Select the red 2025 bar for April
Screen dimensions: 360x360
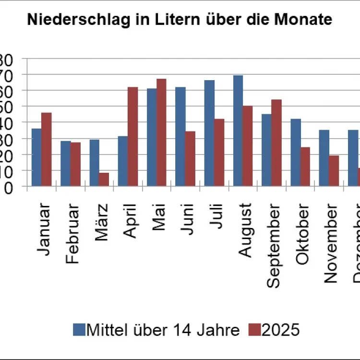coord(132,136)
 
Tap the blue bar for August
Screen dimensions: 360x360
coord(238,131)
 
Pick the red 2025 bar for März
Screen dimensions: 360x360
coord(104,179)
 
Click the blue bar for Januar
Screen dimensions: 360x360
coord(36,157)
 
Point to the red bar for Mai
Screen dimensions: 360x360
coord(161,132)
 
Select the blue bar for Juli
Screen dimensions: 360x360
coord(209,133)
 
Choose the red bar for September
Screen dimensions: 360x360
coord(276,143)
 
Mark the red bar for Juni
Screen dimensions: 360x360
coord(190,158)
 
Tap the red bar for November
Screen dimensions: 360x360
coord(334,170)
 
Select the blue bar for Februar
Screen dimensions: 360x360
coord(65,163)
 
